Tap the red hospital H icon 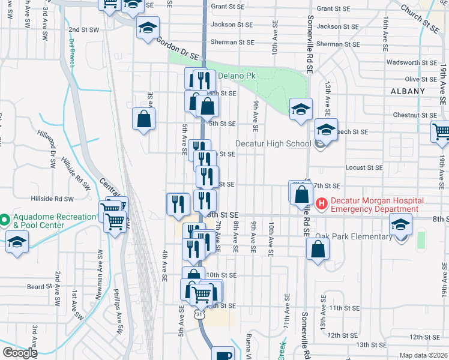point(321,205)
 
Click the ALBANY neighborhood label point(407,91)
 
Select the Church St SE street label point(420,18)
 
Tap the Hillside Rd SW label point(53,199)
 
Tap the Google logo point(20,353)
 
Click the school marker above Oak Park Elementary point(400,225)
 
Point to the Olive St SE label point(421,79)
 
